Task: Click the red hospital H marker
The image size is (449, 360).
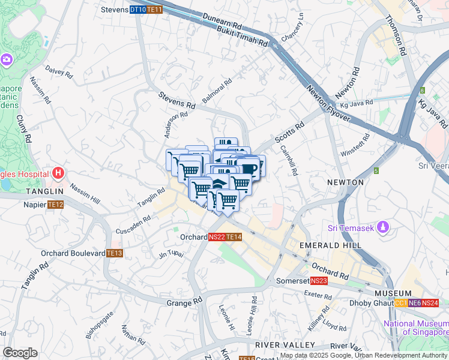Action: click(58, 174)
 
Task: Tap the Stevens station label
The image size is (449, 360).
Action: click(115, 10)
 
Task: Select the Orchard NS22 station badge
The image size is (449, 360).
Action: click(217, 238)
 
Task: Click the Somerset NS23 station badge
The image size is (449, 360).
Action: click(319, 281)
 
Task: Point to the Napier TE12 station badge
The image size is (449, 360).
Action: click(56, 205)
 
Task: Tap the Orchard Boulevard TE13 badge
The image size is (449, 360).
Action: click(115, 253)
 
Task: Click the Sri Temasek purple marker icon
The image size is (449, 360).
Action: click(385, 227)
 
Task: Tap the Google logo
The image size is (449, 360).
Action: click(20, 353)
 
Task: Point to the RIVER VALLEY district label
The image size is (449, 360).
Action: click(276, 345)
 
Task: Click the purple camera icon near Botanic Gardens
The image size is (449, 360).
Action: click(7, 59)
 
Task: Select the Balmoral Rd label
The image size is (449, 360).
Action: click(217, 92)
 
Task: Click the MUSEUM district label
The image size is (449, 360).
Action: click(393, 293)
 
